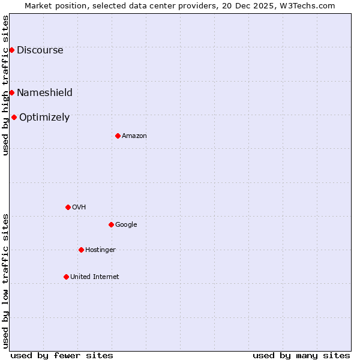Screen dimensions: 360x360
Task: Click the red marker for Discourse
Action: [x=11, y=50]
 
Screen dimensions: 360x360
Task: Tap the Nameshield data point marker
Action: [x=11, y=92]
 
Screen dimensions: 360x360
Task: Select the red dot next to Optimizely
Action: [x=14, y=117]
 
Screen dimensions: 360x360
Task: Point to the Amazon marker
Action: [x=118, y=136]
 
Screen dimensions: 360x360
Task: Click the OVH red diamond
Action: [x=68, y=207]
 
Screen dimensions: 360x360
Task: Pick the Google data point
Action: [x=111, y=224]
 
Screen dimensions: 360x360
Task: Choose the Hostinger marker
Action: [x=81, y=250]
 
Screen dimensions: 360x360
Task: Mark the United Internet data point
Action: [x=66, y=277]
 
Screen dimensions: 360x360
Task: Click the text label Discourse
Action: [x=40, y=50]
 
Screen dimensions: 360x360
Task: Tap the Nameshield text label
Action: [x=44, y=92]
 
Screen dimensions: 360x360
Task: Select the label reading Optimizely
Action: [x=44, y=118]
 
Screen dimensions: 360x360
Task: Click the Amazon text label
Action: [x=134, y=136]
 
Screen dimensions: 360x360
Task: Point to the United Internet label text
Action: [x=95, y=277]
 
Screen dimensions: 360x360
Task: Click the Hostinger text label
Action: [x=100, y=250]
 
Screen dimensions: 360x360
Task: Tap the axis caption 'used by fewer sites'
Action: [x=62, y=355]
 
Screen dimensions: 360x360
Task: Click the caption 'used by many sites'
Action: [x=301, y=355]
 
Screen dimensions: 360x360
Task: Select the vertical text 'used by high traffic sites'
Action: [x=5, y=85]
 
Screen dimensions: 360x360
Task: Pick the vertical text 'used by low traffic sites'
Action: [x=5, y=280]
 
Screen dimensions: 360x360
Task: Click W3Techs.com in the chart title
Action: [x=309, y=5]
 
